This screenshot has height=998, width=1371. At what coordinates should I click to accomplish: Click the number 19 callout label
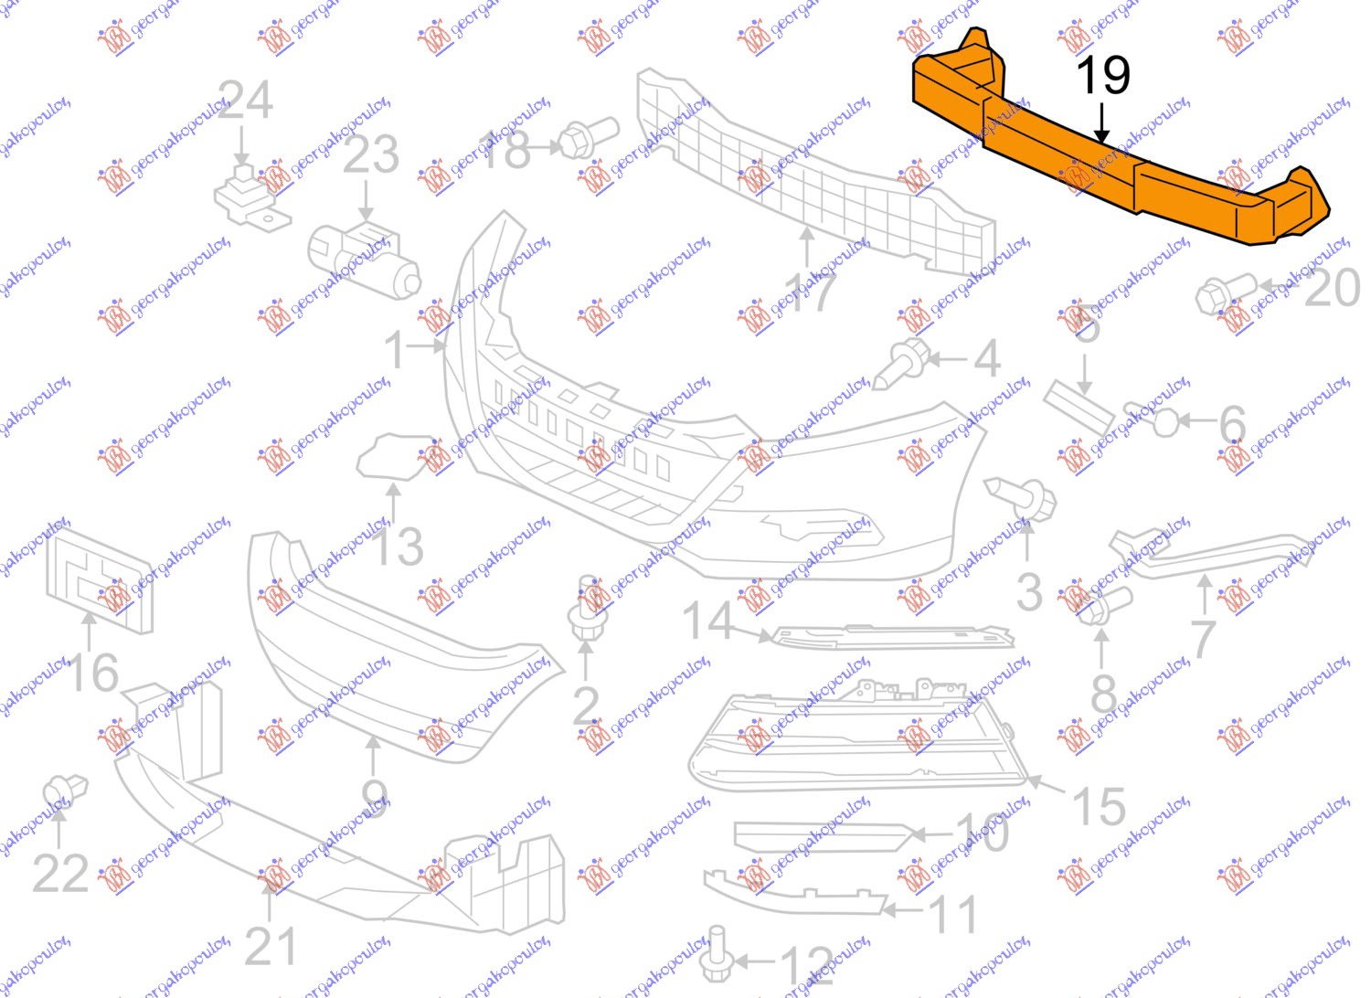pyautogui.click(x=1102, y=75)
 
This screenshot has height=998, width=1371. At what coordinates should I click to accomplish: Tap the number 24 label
pyautogui.click(x=245, y=101)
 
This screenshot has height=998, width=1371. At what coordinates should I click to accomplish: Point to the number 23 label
pyautogui.click(x=370, y=154)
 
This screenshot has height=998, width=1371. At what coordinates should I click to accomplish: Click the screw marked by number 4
pyautogui.click(x=899, y=363)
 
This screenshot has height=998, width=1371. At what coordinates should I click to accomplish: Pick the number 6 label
pyautogui.click(x=1233, y=424)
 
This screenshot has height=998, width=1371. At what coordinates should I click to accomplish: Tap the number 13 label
pyautogui.click(x=398, y=547)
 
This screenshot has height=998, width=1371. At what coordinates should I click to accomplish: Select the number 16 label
pyautogui.click(x=92, y=674)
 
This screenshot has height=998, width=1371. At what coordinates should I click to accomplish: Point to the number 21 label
pyautogui.click(x=271, y=947)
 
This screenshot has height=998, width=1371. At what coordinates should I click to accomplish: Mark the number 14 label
pyautogui.click(x=708, y=621)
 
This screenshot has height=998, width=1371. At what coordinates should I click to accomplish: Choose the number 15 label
pyautogui.click(x=1098, y=808)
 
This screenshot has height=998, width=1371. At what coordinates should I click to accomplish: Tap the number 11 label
pyautogui.click(x=953, y=915)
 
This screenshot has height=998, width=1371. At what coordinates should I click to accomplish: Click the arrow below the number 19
pyautogui.click(x=1102, y=122)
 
